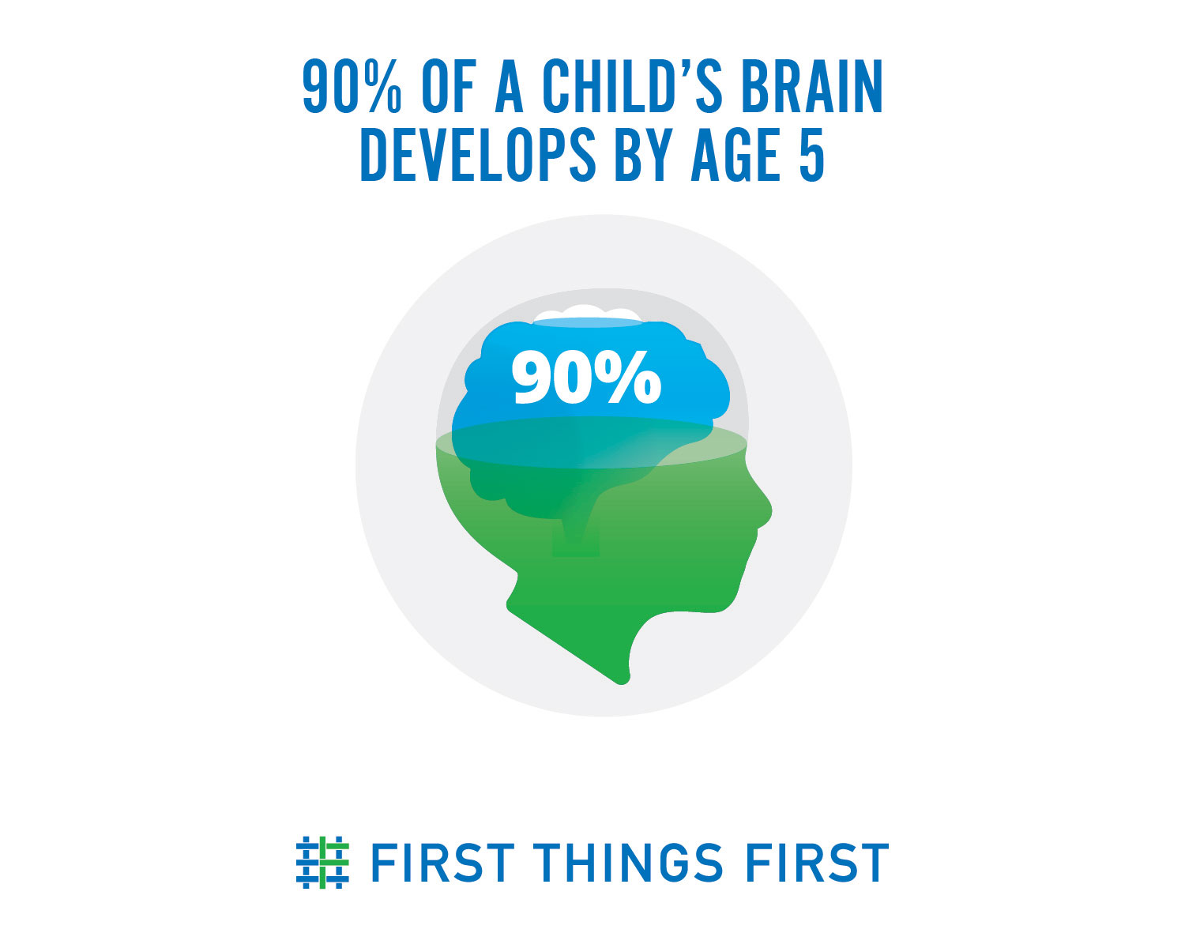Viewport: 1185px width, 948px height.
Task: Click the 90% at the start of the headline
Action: (x=352, y=86)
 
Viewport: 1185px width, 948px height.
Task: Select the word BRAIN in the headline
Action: (x=812, y=86)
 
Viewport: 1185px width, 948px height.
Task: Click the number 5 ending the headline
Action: (x=811, y=154)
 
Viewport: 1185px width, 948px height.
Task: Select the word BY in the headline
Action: (x=643, y=154)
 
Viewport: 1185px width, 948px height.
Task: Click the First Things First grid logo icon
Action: (x=322, y=862)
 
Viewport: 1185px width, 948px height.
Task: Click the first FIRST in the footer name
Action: (x=442, y=862)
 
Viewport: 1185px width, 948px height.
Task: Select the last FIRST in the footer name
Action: (x=817, y=862)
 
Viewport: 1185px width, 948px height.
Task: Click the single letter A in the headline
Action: (x=509, y=86)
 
